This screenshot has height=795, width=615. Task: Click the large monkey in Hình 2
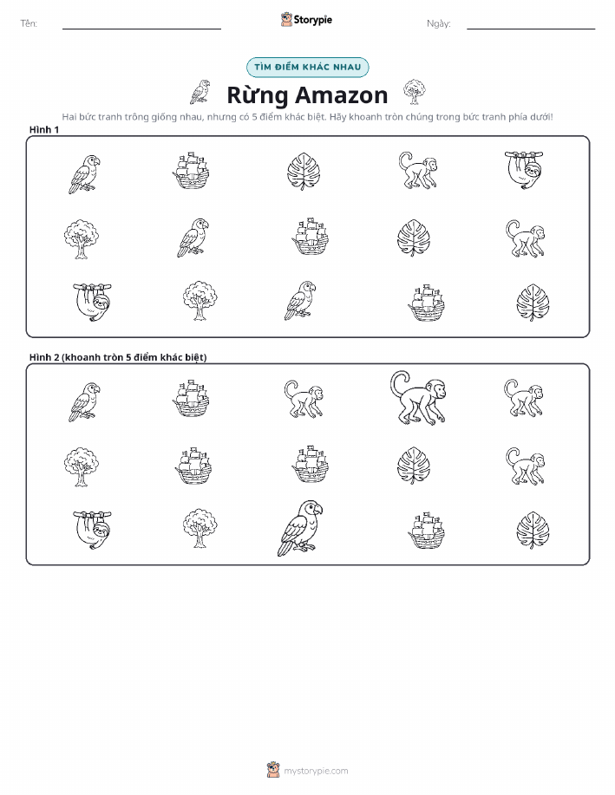417,399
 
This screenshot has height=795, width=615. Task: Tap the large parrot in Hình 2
300,528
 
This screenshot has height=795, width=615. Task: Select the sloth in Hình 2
92,530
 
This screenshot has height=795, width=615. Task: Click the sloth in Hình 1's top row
524,170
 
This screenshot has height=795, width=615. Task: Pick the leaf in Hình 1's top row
304,172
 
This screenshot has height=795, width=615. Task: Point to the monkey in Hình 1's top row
417,170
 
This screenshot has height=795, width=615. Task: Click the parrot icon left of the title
200,92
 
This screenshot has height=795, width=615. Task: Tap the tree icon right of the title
415,92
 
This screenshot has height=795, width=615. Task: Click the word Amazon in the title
342,94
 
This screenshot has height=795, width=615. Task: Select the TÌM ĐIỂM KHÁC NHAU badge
307,67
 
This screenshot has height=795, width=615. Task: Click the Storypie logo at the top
306,20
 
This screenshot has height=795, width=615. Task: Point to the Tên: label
29,23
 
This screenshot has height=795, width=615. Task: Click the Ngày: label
438,23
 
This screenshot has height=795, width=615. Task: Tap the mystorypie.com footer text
316,771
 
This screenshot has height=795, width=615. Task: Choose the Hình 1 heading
44,130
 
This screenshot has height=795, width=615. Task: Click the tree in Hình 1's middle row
82,238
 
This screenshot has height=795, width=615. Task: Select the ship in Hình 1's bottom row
426,303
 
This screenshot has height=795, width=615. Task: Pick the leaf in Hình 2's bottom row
533,531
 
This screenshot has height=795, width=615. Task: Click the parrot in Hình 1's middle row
193,238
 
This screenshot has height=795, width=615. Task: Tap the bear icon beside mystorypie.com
273,770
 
